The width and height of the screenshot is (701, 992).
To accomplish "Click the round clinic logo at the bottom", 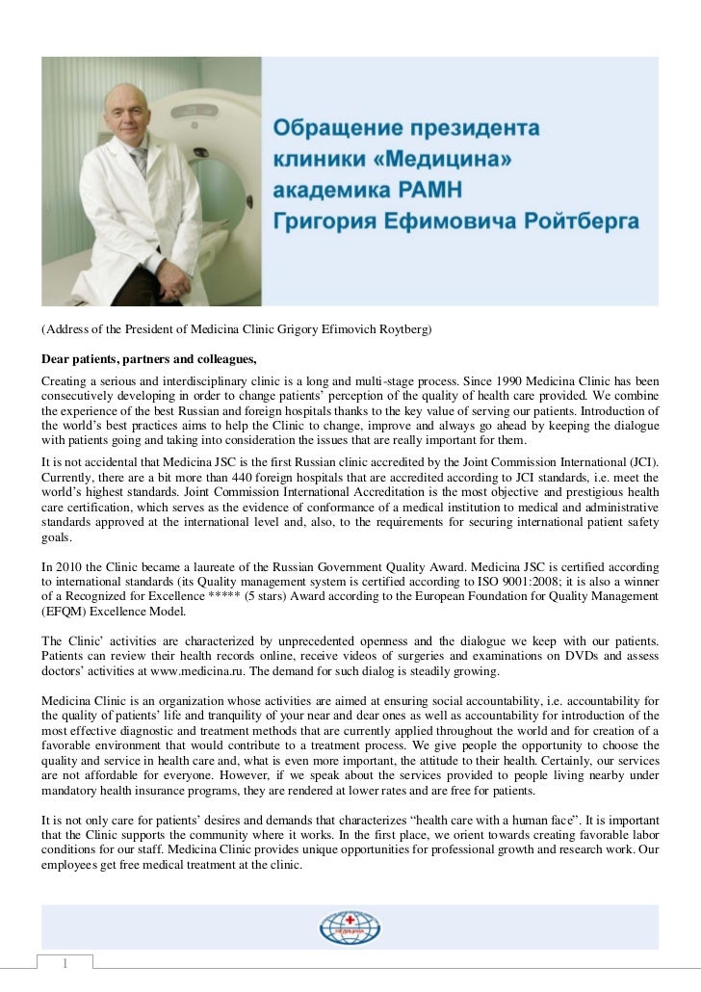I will click(350, 927).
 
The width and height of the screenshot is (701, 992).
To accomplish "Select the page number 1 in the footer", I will click(65, 964).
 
